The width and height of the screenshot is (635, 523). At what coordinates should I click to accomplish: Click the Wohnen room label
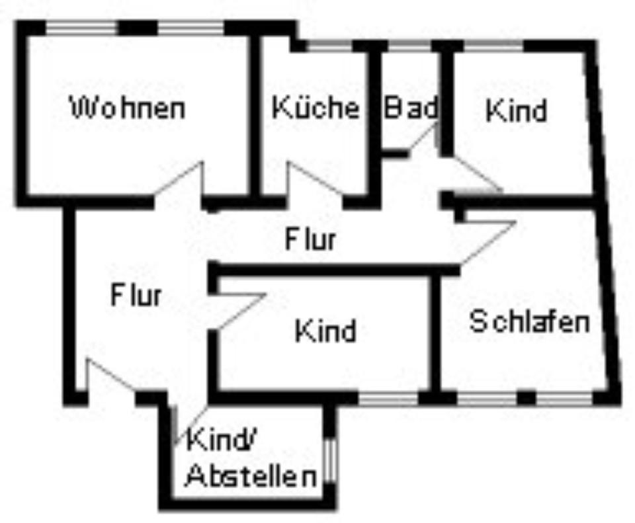128,108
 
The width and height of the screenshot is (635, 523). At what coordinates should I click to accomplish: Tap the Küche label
316,107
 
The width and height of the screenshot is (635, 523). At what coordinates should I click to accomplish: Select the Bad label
411,107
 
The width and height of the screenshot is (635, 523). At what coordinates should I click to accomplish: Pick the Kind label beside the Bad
516,110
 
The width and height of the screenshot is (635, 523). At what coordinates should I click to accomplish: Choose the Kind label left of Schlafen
326,331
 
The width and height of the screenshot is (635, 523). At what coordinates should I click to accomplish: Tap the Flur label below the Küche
311,239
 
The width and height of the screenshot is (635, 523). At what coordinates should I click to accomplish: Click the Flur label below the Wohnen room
136,294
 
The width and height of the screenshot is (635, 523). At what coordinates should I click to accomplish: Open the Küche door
314,179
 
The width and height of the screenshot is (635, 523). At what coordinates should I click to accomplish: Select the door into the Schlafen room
488,242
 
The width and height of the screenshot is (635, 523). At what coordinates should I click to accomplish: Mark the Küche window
329,46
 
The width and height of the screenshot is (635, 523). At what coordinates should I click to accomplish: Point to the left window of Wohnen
82,28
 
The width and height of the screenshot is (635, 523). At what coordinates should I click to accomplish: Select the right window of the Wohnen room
190,28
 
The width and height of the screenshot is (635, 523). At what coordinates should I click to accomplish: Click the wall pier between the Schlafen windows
527,398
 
